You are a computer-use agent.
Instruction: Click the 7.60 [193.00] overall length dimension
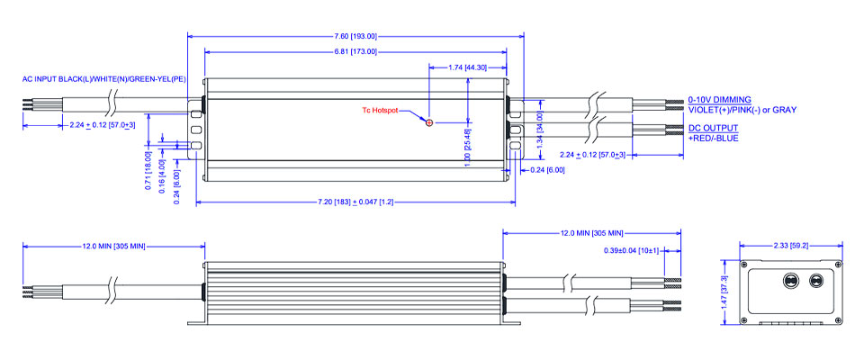point(355,36)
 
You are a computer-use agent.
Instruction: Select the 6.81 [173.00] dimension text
point(355,51)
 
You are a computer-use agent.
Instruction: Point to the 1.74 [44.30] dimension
point(467,67)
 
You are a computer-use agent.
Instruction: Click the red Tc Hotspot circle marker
point(429,121)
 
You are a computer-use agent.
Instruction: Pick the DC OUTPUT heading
point(711,130)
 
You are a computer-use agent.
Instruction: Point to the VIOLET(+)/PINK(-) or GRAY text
point(742,110)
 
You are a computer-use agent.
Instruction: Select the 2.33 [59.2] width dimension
point(790,245)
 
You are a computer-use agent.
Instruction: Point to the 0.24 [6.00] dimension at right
point(546,170)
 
